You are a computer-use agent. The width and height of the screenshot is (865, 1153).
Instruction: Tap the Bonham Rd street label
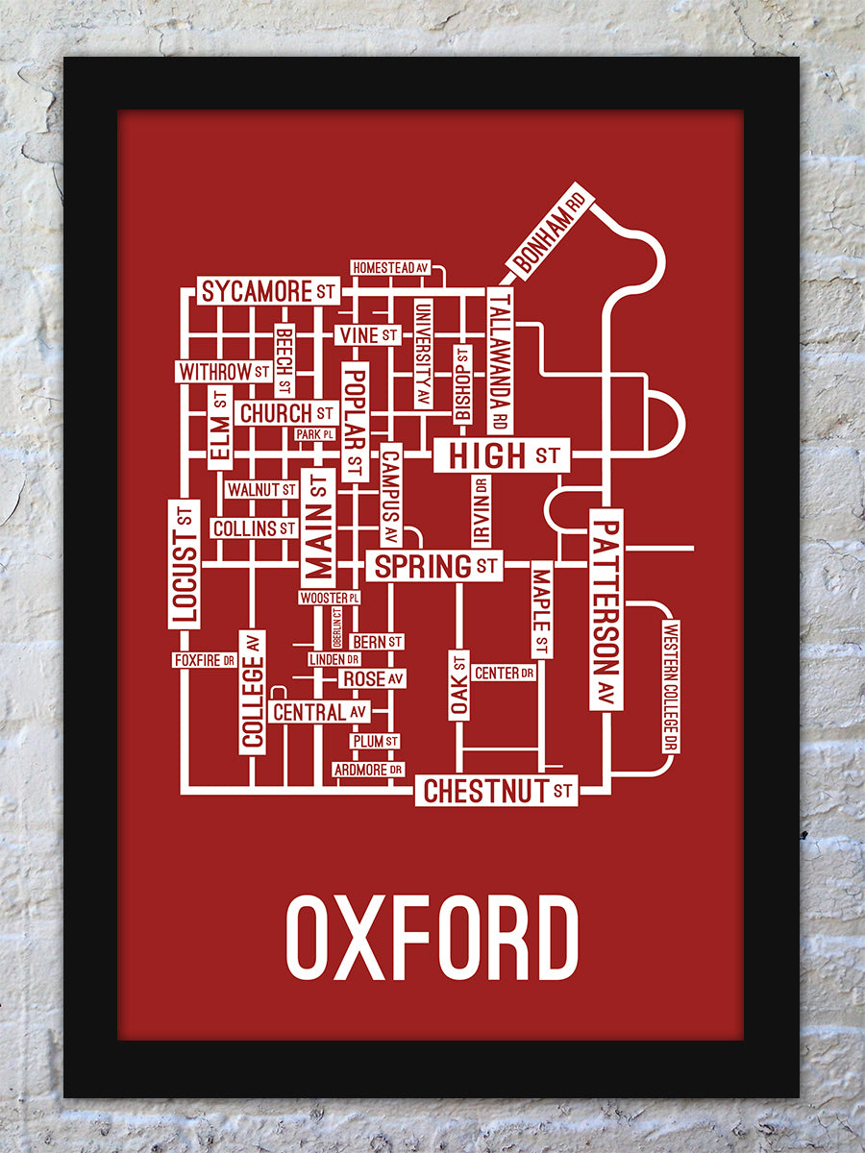[x=550, y=231]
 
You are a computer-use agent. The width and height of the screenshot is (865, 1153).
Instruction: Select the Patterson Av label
[x=606, y=610]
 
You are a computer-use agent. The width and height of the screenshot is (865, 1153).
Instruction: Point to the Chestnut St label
[x=497, y=792]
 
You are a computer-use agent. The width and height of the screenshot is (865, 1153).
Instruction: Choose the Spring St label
[x=434, y=566]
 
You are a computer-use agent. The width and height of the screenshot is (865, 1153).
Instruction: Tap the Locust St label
[x=184, y=564]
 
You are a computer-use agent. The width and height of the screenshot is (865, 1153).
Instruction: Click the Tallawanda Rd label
[x=500, y=360]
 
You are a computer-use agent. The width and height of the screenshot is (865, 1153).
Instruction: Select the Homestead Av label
[x=389, y=267]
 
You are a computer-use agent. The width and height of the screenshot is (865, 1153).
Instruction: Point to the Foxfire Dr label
[x=205, y=660]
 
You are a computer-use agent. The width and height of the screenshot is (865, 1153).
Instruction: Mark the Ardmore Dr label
[x=368, y=770]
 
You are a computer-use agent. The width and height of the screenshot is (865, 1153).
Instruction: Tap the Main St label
[x=317, y=527]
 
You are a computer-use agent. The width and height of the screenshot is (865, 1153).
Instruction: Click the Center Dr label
[x=505, y=673]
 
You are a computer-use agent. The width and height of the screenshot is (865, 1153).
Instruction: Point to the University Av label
[x=422, y=354]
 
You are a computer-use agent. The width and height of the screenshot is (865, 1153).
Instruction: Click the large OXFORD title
[x=432, y=937]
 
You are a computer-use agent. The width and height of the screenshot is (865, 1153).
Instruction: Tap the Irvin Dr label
[x=480, y=510]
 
